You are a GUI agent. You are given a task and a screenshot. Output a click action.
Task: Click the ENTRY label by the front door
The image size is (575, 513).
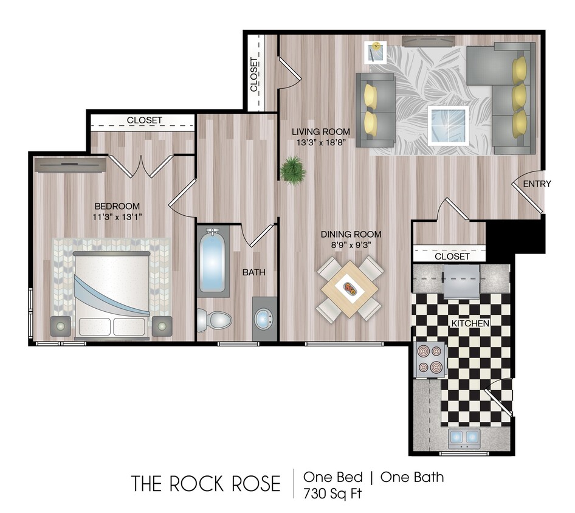[537, 184]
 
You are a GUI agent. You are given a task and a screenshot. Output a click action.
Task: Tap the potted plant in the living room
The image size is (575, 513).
[293, 168]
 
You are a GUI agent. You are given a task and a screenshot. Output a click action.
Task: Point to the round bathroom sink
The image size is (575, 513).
[264, 318]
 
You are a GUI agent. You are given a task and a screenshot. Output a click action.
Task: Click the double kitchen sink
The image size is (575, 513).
[464, 436]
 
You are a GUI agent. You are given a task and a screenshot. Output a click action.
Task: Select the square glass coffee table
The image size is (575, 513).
[448, 125]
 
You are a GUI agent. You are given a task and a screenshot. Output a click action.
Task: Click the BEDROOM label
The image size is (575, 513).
[117, 206]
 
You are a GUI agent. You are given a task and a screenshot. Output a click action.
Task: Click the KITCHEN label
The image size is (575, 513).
[470, 323]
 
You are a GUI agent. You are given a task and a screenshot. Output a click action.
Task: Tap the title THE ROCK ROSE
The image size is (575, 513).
[206, 484]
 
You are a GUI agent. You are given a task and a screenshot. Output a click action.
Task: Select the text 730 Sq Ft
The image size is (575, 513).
[332, 493]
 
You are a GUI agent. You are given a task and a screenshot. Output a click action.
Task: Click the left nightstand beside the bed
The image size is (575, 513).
[61, 326]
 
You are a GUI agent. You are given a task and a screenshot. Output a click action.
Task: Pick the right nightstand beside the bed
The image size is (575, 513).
[162, 326]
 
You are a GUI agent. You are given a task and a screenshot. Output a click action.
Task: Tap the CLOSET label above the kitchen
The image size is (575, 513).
[452, 256]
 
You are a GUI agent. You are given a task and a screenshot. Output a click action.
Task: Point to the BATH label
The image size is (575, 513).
[253, 272]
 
